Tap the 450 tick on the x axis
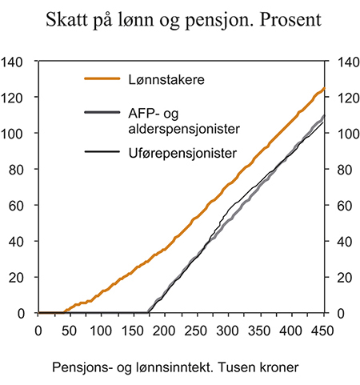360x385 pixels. (322, 329)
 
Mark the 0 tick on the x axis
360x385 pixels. (39, 329)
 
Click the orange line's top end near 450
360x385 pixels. (322, 88)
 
